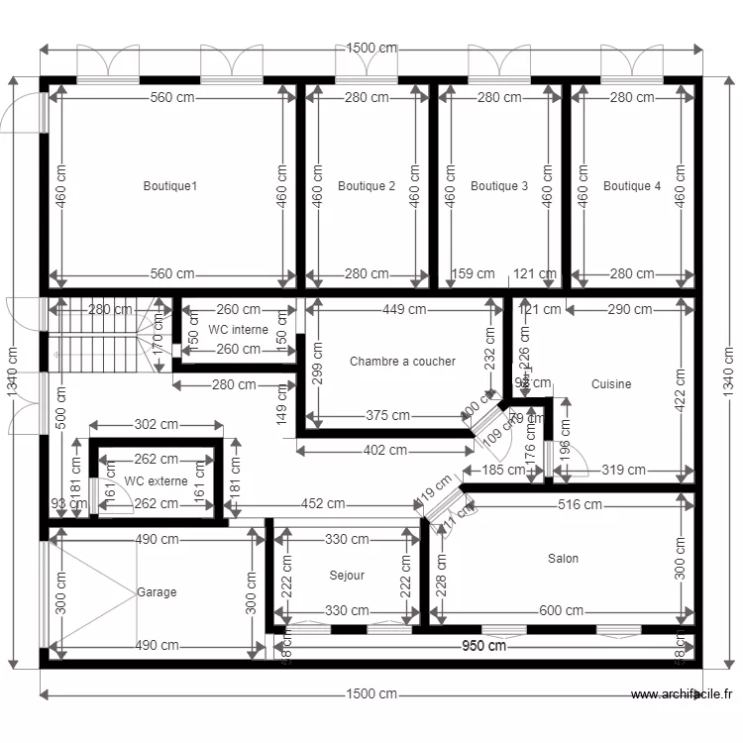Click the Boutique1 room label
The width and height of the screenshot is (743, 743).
click(170, 186)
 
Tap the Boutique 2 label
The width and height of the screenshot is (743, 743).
click(367, 186)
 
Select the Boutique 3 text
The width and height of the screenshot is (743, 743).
click(499, 186)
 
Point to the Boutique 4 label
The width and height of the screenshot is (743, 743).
click(632, 186)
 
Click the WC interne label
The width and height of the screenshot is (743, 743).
click(238, 329)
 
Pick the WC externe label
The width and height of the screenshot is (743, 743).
click(157, 481)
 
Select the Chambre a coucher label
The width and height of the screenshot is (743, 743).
click(402, 362)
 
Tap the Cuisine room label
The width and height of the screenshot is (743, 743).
click(611, 384)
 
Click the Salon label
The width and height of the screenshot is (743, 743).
click(564, 559)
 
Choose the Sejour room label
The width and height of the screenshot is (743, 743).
click(347, 576)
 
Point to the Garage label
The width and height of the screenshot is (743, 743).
click(157, 592)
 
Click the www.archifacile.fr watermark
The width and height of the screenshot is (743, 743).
click(683, 694)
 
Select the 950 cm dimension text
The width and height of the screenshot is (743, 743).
click(483, 647)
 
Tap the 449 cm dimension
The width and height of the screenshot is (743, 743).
click(404, 309)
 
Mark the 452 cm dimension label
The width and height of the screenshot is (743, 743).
click(323, 504)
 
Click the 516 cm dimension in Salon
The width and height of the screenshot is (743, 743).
click(579, 505)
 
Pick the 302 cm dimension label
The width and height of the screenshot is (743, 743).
click(157, 425)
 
